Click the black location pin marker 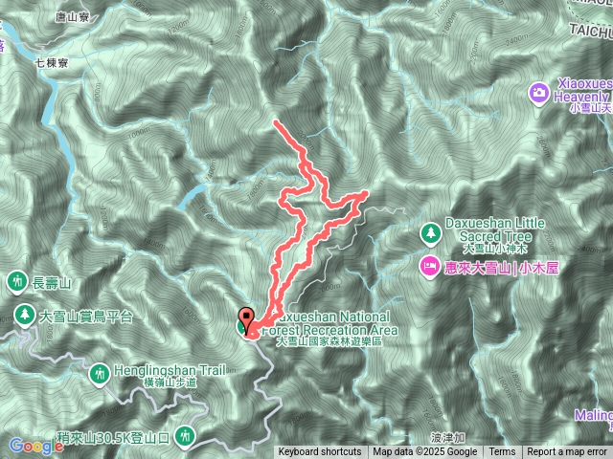246,319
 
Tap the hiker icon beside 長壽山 18,281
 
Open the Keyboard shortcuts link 320,452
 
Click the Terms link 502,452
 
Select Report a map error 567,452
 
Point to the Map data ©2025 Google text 425,452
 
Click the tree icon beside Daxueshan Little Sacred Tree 430,232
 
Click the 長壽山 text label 53,282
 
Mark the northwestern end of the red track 276,122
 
